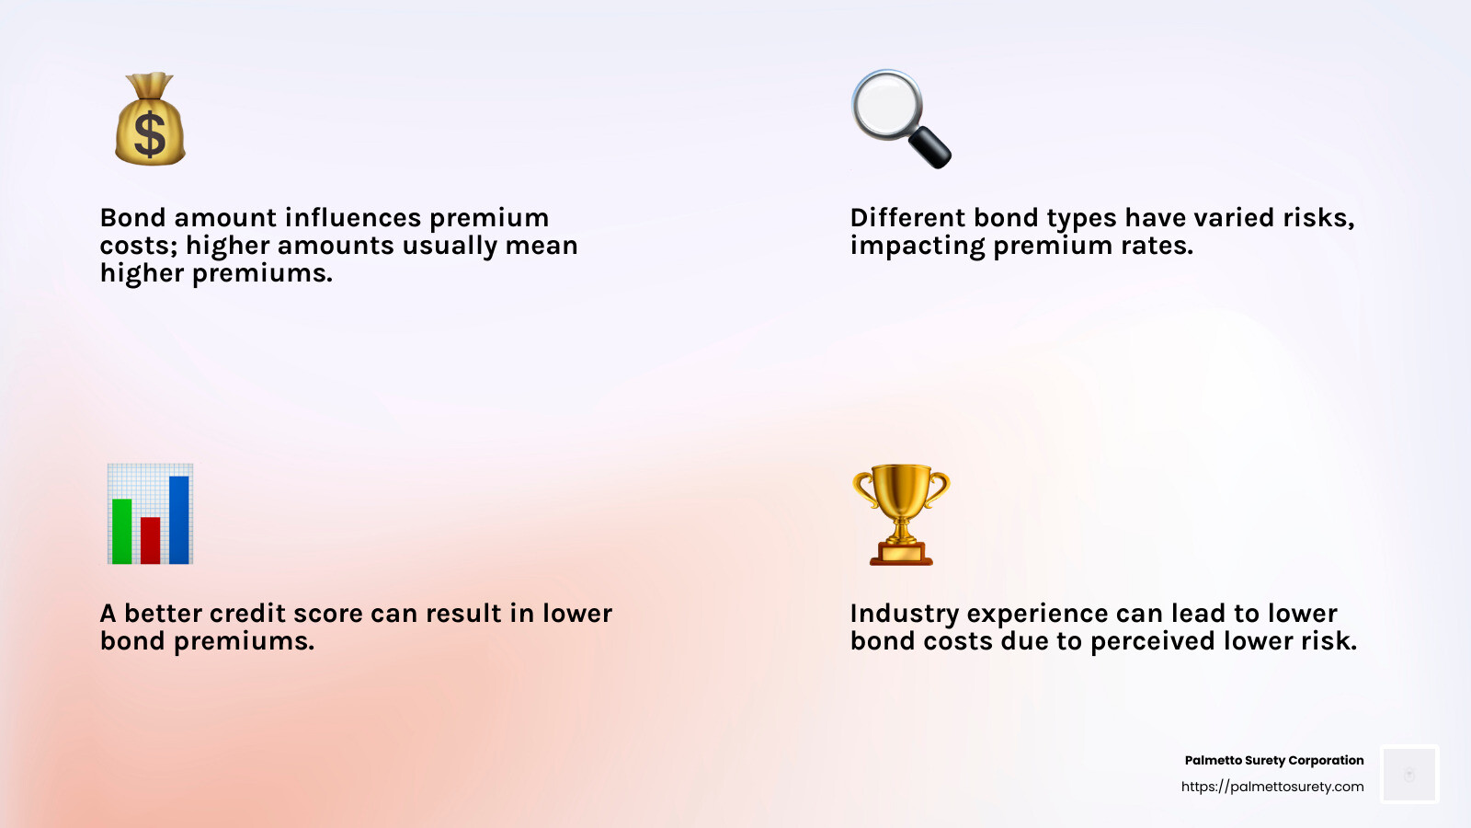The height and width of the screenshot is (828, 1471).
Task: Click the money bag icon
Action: click(x=150, y=120)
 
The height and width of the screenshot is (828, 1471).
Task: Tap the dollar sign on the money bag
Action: click(x=150, y=135)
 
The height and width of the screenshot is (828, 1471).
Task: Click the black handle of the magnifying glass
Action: click(x=930, y=147)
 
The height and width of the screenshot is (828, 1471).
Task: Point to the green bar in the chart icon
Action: click(x=121, y=531)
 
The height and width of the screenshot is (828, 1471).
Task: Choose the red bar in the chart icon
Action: click(x=151, y=540)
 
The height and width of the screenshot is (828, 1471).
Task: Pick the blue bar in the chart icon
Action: click(x=179, y=519)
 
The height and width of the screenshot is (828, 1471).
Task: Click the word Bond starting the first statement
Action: click(x=133, y=218)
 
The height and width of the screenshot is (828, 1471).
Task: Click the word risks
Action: click(x=1318, y=218)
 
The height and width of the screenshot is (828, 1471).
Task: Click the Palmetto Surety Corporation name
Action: click(x=1273, y=760)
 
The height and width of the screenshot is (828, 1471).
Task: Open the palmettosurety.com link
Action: click(x=1272, y=787)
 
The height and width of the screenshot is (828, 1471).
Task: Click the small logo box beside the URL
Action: click(x=1409, y=774)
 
